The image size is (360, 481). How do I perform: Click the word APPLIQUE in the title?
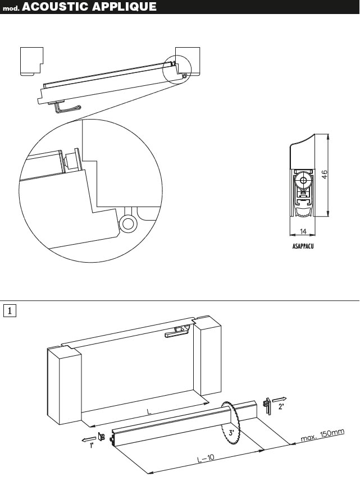[x=124, y=7]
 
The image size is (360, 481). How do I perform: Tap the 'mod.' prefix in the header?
[x=11, y=8]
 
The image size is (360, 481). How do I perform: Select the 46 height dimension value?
[x=324, y=175]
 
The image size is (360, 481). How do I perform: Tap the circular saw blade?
[x=231, y=424]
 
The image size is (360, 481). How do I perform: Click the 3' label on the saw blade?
[x=231, y=433]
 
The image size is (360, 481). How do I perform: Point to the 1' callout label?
[x=91, y=446]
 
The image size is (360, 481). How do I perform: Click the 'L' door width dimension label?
[x=149, y=411]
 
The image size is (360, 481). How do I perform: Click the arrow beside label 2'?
[x=279, y=400]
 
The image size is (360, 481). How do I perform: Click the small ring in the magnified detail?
[x=128, y=223]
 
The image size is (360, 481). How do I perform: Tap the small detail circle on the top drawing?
[x=177, y=70]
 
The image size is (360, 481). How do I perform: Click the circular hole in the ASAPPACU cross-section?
[x=303, y=181]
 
